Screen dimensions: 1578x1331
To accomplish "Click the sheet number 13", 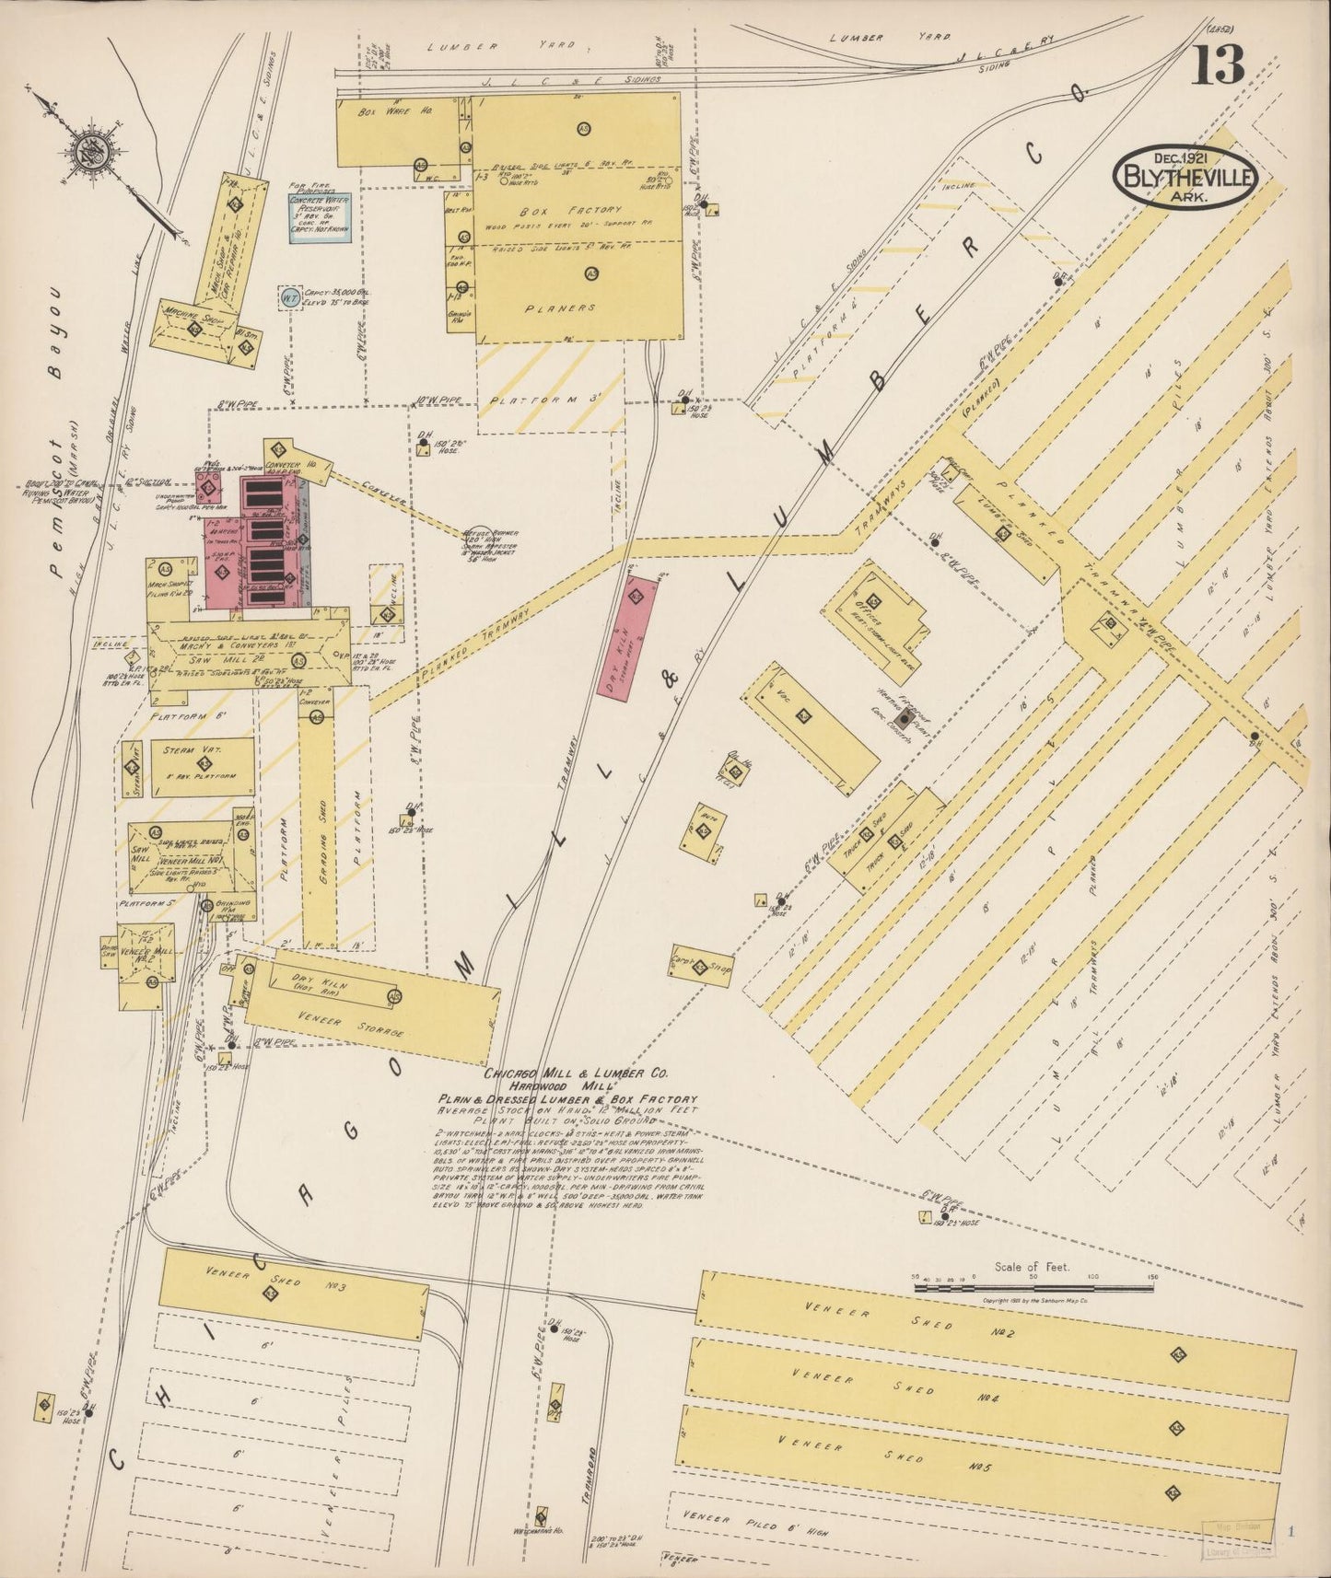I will [1220, 64].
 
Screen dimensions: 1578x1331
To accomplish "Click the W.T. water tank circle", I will [289, 297].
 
